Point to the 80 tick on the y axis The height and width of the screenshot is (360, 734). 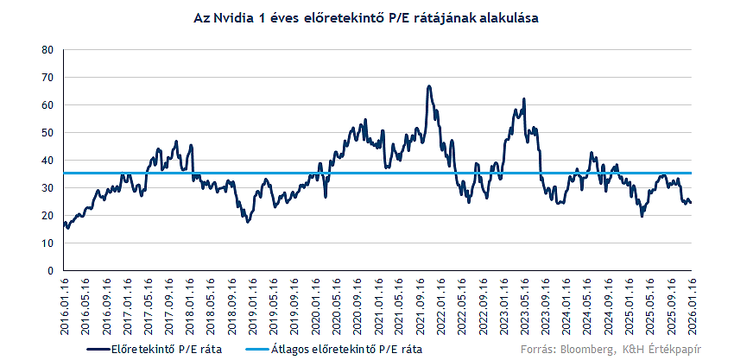(47, 49)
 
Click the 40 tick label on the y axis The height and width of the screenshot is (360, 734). (47, 160)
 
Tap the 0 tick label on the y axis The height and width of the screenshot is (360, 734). (50, 270)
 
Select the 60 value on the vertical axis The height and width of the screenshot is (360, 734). (47, 104)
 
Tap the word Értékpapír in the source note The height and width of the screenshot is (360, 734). (675, 349)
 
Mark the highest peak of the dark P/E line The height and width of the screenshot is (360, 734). (428, 86)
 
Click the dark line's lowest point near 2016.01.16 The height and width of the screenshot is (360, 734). (67, 228)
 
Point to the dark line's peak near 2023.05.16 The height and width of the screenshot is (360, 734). (523, 99)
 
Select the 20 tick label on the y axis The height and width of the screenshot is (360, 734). (47, 215)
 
